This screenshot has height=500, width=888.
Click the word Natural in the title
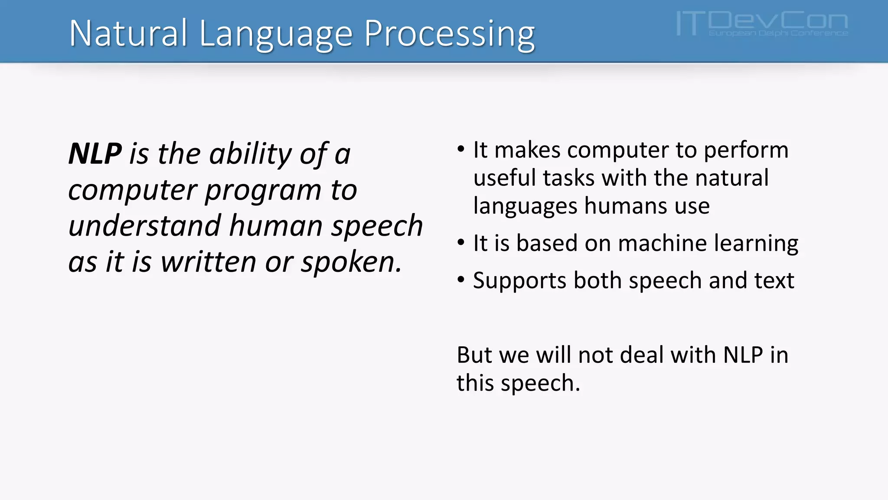click(128, 34)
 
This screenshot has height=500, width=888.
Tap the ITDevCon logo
click(762, 24)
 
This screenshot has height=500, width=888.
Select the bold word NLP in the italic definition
click(95, 154)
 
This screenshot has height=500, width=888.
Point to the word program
click(263, 191)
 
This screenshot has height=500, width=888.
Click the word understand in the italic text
click(145, 226)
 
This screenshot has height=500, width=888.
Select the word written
click(209, 262)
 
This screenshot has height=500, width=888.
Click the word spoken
click(351, 263)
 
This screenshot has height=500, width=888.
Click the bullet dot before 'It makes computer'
click(461, 149)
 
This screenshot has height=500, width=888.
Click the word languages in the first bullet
click(525, 206)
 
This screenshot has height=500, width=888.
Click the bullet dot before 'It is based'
click(461, 242)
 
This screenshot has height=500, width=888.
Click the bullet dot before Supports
click(461, 280)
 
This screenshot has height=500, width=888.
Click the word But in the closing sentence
click(474, 355)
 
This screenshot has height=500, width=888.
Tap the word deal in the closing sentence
click(642, 355)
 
